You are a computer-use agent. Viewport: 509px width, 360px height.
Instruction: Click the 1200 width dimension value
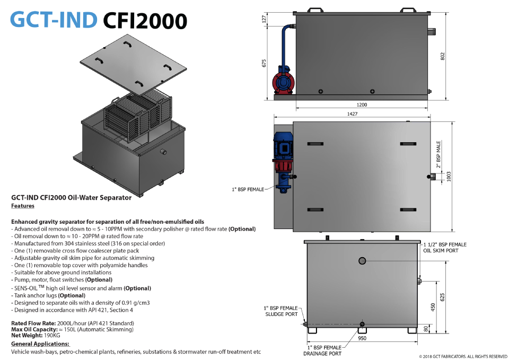(x=362, y=105)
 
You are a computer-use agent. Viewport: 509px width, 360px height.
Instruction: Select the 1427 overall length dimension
(x=352, y=114)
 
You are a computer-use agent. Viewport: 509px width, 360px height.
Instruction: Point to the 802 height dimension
(x=442, y=56)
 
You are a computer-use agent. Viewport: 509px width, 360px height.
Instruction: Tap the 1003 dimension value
(x=449, y=177)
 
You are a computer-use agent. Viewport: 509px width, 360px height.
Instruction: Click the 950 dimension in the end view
(x=362, y=338)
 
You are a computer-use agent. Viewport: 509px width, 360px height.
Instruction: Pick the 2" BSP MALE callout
(x=438, y=154)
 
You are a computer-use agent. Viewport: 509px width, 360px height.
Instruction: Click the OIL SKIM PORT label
(x=441, y=251)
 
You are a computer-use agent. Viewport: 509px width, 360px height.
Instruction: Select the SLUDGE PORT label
(x=282, y=314)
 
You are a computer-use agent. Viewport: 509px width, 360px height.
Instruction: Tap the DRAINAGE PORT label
(x=322, y=354)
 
